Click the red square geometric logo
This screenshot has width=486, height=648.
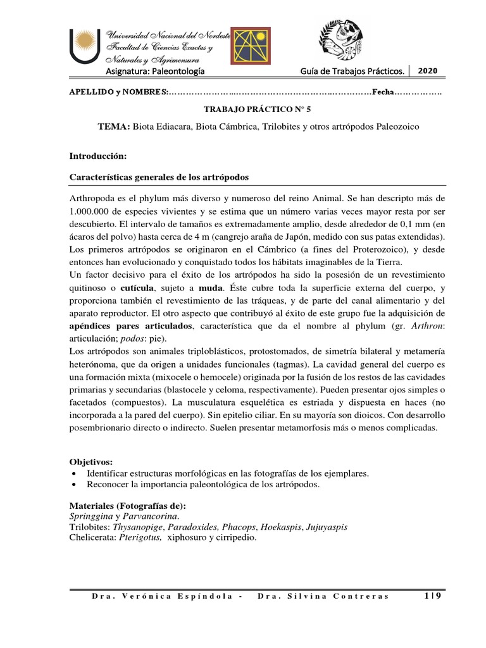click(250, 46)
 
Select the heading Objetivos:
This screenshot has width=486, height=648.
click(90, 463)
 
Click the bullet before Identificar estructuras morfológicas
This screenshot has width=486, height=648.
click(76, 473)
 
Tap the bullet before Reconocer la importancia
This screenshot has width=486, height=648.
click(76, 485)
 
